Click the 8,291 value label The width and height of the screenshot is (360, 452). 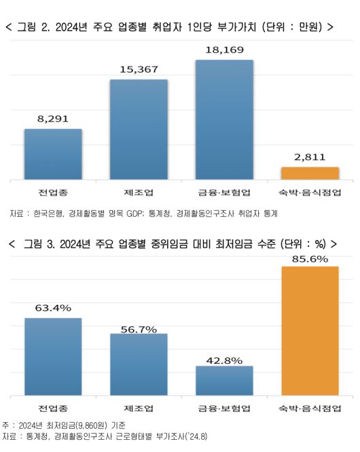point(53,118)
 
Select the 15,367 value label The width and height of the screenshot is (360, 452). point(139,69)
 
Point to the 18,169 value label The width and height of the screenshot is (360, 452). point(224,50)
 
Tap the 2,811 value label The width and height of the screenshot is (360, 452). point(309,157)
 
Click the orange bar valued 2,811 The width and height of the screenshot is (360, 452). point(310,173)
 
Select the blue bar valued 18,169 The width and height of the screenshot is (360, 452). point(224,120)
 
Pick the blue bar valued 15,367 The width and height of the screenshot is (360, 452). point(139,129)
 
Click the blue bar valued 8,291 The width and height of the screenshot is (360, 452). point(53,154)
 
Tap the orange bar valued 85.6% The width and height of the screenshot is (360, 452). point(310,330)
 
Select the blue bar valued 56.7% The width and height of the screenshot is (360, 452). point(139,364)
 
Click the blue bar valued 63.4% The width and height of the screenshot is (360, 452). point(53,356)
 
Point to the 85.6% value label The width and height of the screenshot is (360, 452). point(310,259)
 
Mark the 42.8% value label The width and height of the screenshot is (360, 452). point(224,360)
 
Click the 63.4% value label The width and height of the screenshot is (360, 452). point(53,309)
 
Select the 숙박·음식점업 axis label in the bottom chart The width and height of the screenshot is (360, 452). point(310,408)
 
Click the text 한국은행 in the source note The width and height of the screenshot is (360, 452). point(48,213)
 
